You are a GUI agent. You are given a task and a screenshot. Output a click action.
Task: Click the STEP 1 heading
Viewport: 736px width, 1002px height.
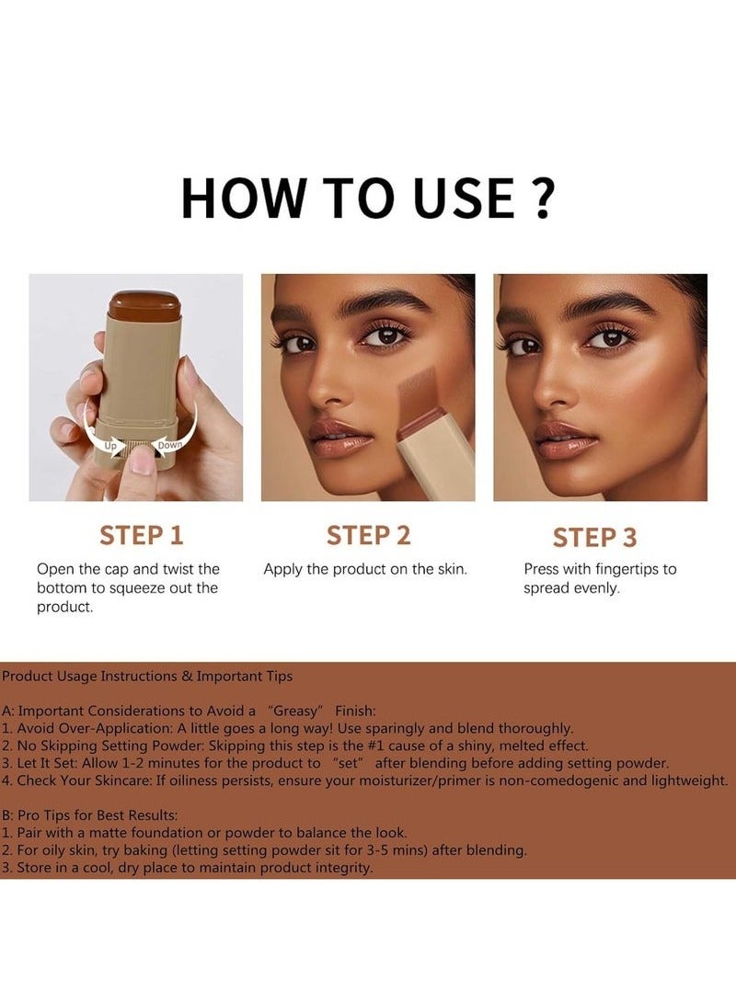142,535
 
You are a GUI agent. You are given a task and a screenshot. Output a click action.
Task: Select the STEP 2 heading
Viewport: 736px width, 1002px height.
368,535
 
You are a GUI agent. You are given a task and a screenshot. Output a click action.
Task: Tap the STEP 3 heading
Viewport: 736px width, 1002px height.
594,537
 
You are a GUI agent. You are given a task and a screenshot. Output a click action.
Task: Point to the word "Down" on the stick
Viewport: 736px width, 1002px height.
170,445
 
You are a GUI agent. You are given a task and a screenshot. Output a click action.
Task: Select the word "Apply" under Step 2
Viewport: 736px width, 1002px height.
284,569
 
